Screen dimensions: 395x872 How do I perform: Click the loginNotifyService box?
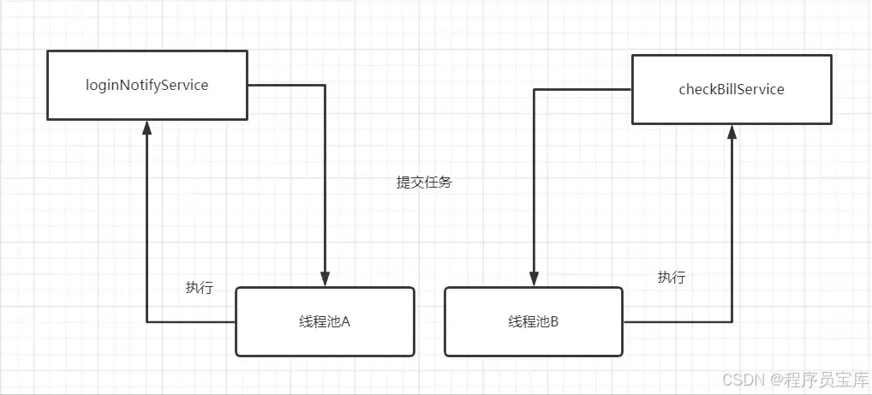click(x=146, y=85)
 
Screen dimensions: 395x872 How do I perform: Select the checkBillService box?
click(x=731, y=89)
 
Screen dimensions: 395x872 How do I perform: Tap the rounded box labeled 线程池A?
click(x=325, y=321)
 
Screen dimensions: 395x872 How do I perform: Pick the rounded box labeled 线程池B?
click(x=534, y=321)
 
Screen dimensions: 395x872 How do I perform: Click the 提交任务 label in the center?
click(x=423, y=183)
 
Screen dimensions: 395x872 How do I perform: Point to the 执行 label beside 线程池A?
click(x=199, y=288)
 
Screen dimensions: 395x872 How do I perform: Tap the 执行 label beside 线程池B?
click(x=672, y=278)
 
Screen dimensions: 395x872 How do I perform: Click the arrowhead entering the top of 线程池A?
click(x=325, y=279)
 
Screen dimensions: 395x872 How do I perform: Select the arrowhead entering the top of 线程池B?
click(x=534, y=279)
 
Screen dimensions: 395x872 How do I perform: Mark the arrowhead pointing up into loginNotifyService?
click(x=146, y=128)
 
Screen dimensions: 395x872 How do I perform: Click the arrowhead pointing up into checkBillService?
click(x=732, y=131)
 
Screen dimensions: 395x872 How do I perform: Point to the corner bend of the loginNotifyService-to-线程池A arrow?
click(x=325, y=85)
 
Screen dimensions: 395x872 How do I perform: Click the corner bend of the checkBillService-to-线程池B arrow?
click(x=534, y=89)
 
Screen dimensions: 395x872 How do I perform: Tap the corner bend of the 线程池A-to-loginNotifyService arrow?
click(x=146, y=322)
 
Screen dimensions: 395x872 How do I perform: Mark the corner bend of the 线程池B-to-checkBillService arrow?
click(x=732, y=322)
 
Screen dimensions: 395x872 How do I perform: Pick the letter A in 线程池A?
click(x=346, y=322)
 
